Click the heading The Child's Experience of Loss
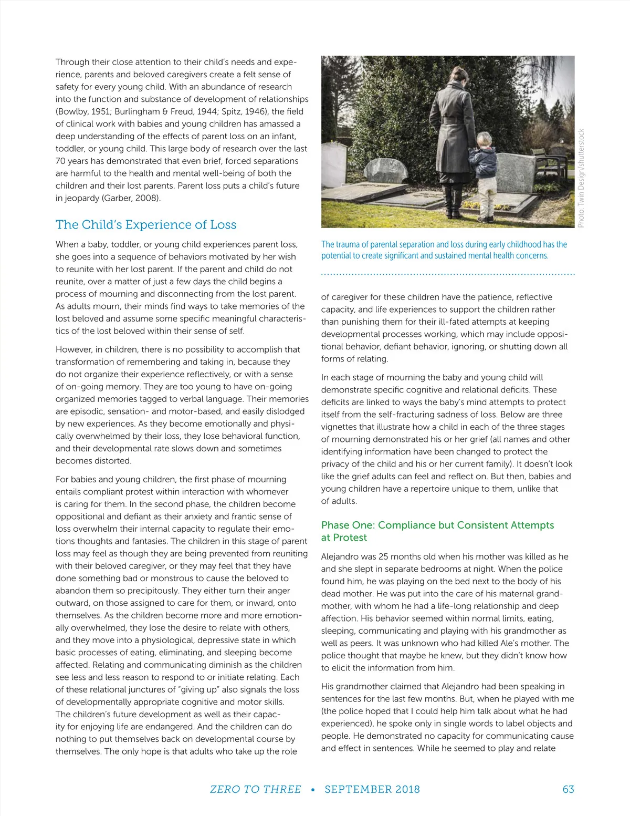pyautogui.click(x=146, y=225)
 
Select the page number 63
pyautogui.click(x=568, y=789)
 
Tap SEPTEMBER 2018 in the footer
pyautogui.click(x=372, y=789)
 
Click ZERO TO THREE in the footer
pyautogui.click(x=256, y=789)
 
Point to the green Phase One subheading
pyautogui.click(x=437, y=531)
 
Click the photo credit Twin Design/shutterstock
pyautogui.click(x=581, y=179)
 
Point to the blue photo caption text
pyautogui.click(x=444, y=250)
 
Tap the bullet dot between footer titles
pyautogui.click(x=313, y=790)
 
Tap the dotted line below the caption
pyautogui.click(x=448, y=274)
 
